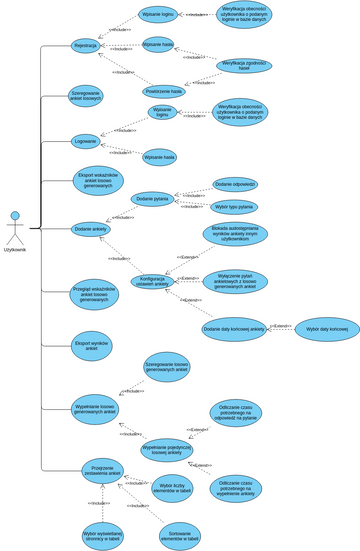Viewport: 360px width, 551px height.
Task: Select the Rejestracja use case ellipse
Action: [86, 45]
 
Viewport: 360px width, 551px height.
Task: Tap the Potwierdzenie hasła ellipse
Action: [164, 90]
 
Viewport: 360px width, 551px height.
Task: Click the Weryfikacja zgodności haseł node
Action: [243, 65]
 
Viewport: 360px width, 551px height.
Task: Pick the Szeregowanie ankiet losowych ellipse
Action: [86, 96]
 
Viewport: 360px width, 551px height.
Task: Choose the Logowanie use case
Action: [86, 141]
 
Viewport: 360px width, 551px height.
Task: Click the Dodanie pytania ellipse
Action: [153, 199]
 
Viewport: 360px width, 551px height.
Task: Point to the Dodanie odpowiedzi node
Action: [235, 184]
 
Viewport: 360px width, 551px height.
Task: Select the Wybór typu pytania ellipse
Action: [234, 207]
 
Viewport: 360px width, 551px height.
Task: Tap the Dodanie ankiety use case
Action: [90, 229]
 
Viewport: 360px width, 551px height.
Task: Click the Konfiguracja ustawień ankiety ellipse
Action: [154, 281]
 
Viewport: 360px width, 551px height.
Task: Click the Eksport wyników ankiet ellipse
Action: [91, 346]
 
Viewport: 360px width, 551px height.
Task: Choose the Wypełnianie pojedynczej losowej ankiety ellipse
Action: [167, 450]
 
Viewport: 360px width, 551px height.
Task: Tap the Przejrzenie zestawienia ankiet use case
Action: [102, 471]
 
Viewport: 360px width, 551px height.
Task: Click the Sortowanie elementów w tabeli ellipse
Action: [179, 535]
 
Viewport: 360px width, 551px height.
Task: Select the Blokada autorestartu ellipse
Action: [236, 234]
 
